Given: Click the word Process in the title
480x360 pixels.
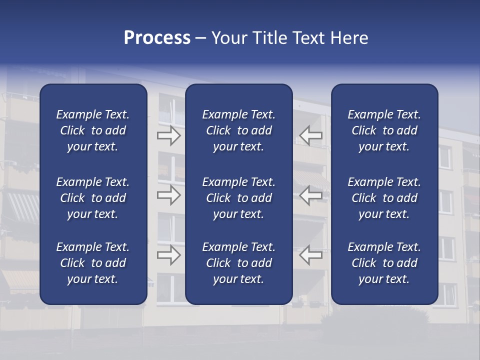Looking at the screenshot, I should click(157, 38).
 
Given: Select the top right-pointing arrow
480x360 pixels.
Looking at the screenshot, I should click(169, 135).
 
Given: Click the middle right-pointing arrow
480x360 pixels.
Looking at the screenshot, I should click(169, 195).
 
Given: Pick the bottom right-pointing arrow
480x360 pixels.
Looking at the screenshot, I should click(169, 255).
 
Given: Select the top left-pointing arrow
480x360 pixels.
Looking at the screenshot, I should click(311, 135).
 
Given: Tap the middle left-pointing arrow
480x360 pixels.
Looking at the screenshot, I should click(311, 195).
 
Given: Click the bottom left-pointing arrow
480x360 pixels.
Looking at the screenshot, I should click(311, 255).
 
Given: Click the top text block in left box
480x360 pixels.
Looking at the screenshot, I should click(93, 130).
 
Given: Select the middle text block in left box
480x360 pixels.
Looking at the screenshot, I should click(93, 198).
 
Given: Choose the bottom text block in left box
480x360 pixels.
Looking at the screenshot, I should click(93, 263).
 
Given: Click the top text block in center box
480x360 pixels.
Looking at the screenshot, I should click(238, 130).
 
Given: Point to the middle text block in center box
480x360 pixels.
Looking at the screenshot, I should click(238, 198).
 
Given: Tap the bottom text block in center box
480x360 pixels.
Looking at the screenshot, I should click(238, 263).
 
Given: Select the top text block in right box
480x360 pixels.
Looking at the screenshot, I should click(384, 130).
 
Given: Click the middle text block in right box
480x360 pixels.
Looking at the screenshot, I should click(384, 198).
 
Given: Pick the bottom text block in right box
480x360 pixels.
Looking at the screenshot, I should click(384, 263).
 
